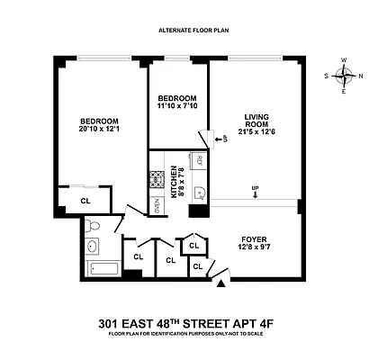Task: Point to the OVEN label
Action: coord(157,207)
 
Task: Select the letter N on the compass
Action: coord(361,76)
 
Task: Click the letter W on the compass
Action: coord(344,60)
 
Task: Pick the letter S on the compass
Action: coord(326,76)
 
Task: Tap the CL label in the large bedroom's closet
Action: coord(85,201)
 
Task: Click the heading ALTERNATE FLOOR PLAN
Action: coord(193,31)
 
